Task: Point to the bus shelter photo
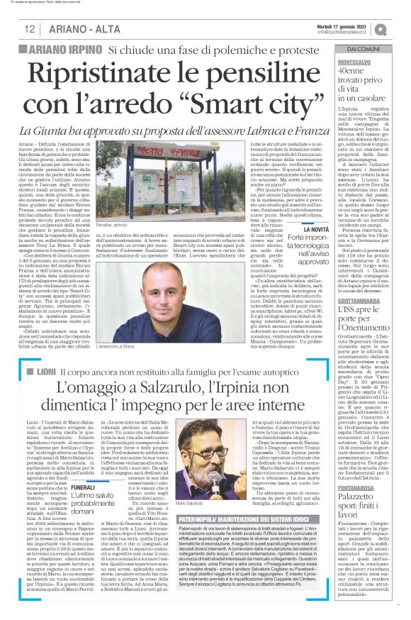pos(135,180)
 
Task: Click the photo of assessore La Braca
pos(135,283)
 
